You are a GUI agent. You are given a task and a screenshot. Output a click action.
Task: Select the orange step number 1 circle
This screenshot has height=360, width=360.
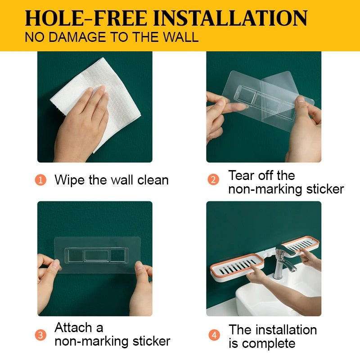tap(41, 180)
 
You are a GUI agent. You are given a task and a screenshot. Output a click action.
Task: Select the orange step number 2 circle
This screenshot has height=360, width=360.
tap(213, 180)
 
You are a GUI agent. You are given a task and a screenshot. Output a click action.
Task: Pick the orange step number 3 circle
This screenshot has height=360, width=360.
tap(41, 334)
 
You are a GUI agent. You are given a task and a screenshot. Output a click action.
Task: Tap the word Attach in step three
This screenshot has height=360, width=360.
tap(73, 327)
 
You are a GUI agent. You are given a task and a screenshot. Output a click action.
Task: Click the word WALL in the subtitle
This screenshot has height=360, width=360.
tap(179, 37)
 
